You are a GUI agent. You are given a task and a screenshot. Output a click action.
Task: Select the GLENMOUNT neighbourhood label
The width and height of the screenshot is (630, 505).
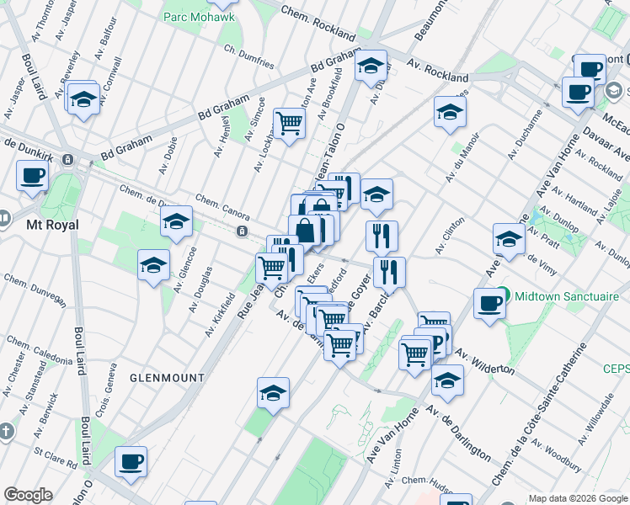coord(167,378)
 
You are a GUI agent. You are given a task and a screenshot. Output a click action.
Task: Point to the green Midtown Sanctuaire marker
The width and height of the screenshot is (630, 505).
coord(503,295)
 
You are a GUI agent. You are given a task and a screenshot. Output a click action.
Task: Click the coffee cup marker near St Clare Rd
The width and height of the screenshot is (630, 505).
coord(131,461)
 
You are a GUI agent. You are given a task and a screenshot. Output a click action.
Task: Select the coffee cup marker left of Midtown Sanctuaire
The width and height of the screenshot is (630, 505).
coord(489,303)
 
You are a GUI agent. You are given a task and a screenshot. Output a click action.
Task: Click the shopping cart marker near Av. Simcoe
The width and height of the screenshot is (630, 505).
coord(289,123)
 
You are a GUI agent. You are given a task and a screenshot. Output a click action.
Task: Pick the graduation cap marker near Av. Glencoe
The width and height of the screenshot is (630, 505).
coord(154,264)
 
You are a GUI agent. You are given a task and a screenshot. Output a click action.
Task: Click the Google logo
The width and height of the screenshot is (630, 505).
coord(28,495)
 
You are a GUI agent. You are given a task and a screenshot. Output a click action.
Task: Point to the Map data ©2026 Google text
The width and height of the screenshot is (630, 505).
coord(578,497)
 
